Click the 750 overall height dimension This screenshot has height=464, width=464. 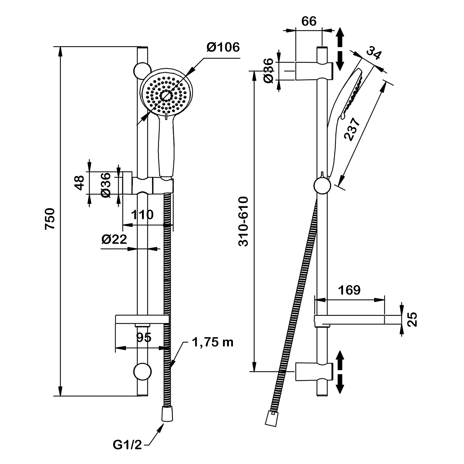50,219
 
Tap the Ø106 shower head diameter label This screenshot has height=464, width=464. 223,47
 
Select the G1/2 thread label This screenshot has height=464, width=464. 127,445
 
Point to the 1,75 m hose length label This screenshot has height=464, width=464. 213,342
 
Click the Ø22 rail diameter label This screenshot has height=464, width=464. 114,239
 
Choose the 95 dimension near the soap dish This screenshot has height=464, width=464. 144,337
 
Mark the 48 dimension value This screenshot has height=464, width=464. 79,183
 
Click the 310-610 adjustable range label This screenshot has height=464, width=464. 244,221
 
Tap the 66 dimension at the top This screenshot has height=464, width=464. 309,21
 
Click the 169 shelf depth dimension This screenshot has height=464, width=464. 349,290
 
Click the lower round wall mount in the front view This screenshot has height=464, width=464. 143,371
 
